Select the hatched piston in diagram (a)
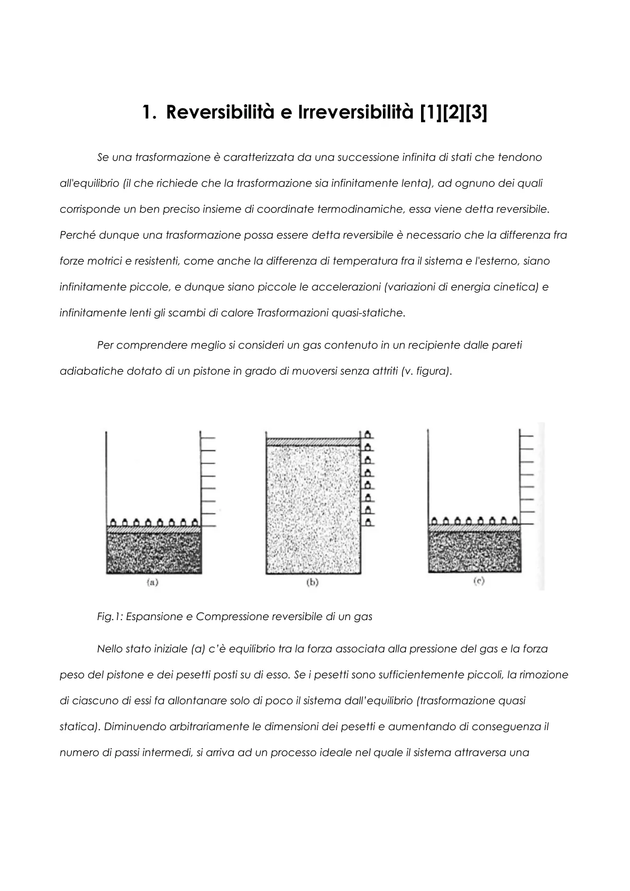click(154, 529)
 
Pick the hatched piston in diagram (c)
click(475, 528)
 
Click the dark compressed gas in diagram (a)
click(154, 552)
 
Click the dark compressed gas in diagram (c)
click(475, 551)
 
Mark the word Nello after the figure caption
click(110, 649)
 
